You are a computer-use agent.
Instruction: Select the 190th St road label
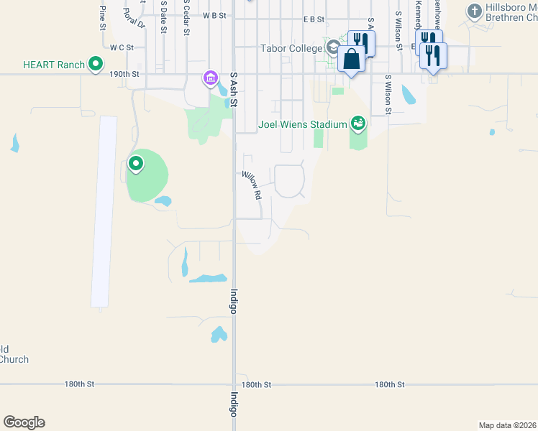124,74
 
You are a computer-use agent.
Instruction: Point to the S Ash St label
233,89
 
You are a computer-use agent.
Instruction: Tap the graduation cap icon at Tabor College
333,48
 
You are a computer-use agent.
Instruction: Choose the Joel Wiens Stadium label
303,124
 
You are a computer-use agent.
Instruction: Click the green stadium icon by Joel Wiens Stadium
358,124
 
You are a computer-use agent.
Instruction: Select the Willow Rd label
251,185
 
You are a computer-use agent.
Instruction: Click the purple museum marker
210,78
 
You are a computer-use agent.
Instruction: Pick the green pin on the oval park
135,164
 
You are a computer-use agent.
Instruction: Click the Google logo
24,422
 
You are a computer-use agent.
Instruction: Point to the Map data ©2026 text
507,425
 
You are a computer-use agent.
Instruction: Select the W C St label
122,47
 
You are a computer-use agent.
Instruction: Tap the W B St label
214,15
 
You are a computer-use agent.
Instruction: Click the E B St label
314,19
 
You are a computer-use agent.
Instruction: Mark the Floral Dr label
134,17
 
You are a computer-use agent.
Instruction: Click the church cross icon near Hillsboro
474,11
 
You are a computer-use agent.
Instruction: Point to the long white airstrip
104,212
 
